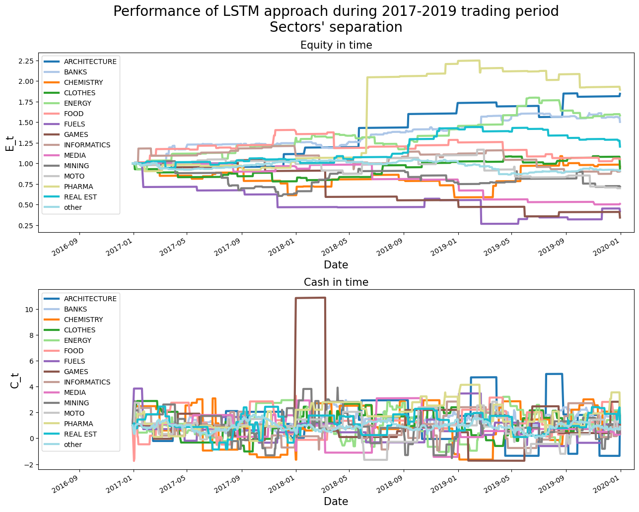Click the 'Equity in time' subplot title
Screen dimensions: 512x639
click(x=336, y=45)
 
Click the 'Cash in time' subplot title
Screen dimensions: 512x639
click(x=336, y=282)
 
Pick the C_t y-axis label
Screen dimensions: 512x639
click(x=14, y=380)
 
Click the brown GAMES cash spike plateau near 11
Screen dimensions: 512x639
click(x=310, y=298)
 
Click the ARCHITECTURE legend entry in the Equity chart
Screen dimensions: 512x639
click(x=90, y=62)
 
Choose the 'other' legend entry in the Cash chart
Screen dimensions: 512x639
click(x=72, y=445)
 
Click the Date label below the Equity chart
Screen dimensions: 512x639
click(x=336, y=265)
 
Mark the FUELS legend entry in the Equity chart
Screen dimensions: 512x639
click(x=74, y=124)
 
